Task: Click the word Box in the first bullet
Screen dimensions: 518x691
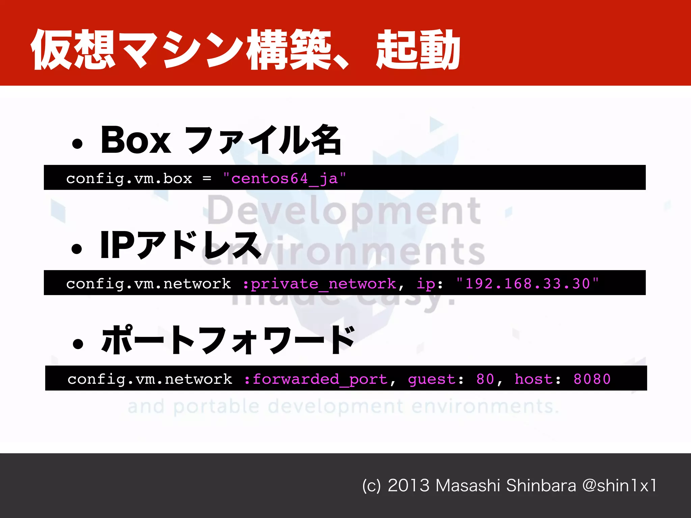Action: pyautogui.click(x=136, y=140)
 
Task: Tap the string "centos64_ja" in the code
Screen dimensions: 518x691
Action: pyautogui.click(x=284, y=178)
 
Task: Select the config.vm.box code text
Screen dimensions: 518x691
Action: pyautogui.click(x=129, y=178)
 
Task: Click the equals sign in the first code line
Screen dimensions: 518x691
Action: pyautogui.click(x=207, y=178)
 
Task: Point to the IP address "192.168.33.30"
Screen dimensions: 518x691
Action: pyautogui.click(x=527, y=284)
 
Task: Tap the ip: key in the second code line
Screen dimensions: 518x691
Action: pyautogui.click(x=429, y=284)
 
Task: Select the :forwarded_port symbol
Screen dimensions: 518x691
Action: pyautogui.click(x=319, y=379)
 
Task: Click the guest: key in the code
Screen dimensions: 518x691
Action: pyautogui.click(x=436, y=379)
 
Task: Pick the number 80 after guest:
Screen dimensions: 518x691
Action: pyautogui.click(x=485, y=379)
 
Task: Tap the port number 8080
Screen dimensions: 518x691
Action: pyautogui.click(x=592, y=379)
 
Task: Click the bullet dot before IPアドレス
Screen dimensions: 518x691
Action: pyautogui.click(x=77, y=249)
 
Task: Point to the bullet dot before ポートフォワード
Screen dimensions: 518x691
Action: pyautogui.click(x=78, y=344)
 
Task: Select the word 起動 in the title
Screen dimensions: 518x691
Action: pyautogui.click(x=418, y=50)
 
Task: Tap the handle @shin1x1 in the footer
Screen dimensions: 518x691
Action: pyautogui.click(x=619, y=486)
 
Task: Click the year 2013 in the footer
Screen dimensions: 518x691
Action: pyautogui.click(x=408, y=486)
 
